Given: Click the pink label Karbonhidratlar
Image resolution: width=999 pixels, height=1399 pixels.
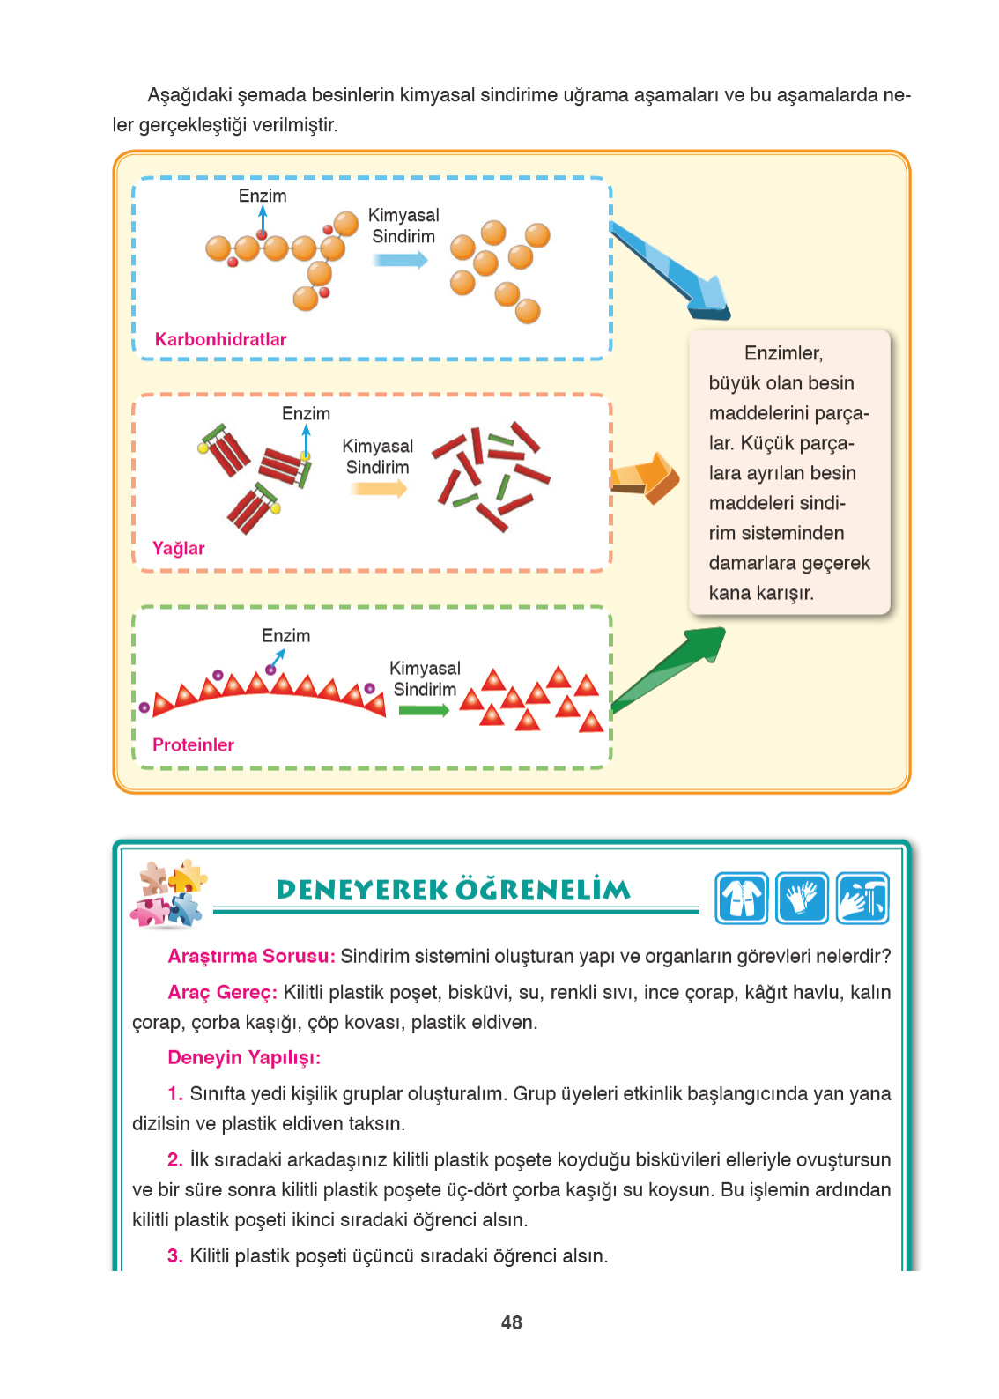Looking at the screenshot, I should point(220,339).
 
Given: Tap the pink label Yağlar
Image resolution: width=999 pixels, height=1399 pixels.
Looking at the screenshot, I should point(178,548).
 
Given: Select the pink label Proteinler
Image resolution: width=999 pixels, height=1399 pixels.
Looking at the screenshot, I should point(193,744).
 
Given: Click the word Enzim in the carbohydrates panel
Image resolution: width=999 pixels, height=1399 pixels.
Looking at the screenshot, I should point(263,196).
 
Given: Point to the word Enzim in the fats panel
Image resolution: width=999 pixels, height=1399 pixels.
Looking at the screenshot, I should point(306,413).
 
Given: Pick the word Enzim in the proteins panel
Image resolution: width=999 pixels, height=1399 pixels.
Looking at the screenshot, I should point(285,635).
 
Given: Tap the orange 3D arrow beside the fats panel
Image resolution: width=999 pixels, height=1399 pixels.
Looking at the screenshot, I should point(647,477).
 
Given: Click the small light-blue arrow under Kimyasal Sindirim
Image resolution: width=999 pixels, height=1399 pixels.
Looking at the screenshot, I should point(400,260).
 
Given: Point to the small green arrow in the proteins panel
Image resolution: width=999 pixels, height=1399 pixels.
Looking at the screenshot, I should point(423,710).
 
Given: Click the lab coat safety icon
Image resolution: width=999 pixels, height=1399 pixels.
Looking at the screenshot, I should point(742,898).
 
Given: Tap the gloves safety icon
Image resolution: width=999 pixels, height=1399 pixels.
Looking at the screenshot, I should point(802,898).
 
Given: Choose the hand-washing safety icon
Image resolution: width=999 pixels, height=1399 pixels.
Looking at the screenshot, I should point(862,898).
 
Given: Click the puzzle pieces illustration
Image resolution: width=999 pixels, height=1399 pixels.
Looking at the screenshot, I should point(168,893).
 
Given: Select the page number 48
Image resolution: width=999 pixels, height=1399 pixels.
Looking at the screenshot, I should point(511,1322).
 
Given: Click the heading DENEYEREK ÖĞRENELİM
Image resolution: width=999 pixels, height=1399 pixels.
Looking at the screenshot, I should point(454,890).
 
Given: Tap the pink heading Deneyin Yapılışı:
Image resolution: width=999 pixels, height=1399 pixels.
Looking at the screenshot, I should point(244,1057).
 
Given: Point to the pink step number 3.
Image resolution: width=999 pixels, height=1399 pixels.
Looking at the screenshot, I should point(174,1255).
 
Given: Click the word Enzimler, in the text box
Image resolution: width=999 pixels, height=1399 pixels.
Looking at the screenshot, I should point(783,353).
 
